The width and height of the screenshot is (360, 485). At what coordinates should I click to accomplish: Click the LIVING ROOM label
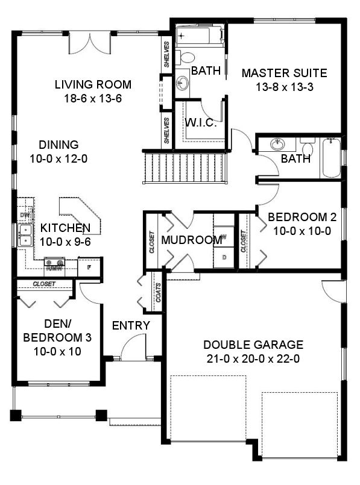[92, 85]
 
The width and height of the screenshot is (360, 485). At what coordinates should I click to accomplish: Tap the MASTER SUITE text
[284, 74]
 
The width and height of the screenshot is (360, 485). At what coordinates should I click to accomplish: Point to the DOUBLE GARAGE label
[253, 345]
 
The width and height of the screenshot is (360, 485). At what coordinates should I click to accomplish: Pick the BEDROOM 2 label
[298, 217]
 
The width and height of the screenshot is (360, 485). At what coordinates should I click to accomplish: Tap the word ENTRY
[131, 326]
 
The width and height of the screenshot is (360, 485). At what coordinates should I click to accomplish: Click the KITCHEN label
[65, 228]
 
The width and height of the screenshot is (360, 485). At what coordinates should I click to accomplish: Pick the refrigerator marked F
[89, 266]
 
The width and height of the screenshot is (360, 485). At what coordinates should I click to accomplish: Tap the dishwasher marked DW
[25, 214]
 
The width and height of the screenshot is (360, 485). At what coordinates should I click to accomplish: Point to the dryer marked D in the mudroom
[224, 257]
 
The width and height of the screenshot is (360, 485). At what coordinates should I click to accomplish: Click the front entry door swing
[133, 349]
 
